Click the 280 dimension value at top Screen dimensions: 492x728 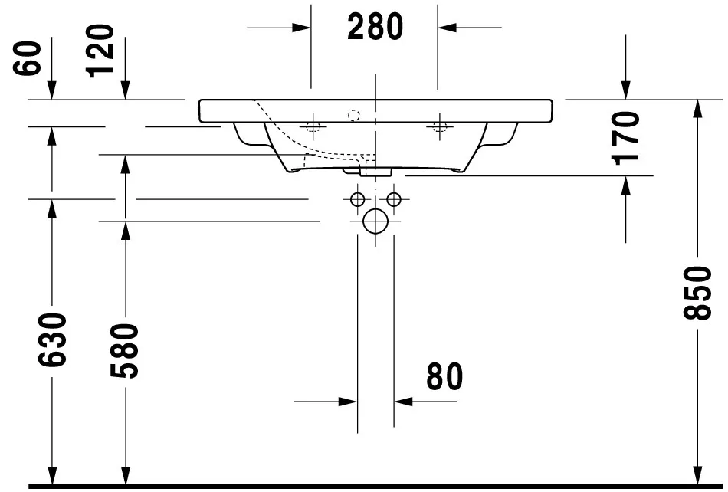point(375,27)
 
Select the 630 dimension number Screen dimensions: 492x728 point(52,339)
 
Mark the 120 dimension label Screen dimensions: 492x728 point(101,51)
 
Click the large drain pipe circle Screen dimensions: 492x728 point(375,221)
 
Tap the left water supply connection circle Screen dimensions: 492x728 point(357,200)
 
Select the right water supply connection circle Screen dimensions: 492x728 point(394,200)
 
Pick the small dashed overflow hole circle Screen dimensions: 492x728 point(353,116)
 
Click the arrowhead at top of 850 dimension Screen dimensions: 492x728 point(697,108)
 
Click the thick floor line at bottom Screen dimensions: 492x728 point(375,486)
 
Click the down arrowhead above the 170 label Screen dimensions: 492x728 point(626,90)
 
